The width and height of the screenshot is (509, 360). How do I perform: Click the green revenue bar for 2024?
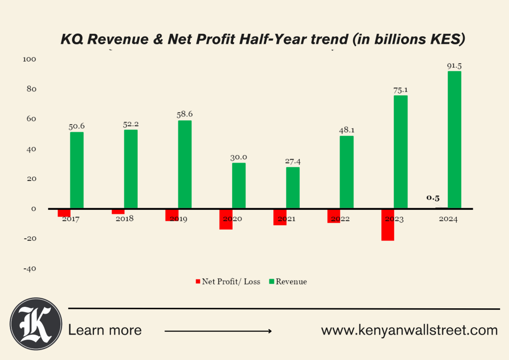[x=454, y=140]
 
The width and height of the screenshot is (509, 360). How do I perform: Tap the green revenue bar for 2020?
[x=239, y=185]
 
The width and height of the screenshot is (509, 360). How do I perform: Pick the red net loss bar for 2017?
[x=64, y=213]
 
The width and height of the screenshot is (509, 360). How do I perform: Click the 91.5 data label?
[x=454, y=66]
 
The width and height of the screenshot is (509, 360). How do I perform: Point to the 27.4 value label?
[x=293, y=162]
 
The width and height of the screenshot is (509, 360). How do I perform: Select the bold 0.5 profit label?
[x=433, y=197]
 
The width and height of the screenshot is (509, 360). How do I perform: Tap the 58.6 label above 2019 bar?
[x=184, y=114]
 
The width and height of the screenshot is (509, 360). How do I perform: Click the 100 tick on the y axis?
[x=29, y=59]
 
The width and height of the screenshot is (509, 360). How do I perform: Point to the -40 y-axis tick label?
[x=29, y=269]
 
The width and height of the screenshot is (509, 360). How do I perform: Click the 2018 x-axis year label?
[x=124, y=219]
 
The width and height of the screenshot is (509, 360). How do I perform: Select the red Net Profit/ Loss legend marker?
[x=198, y=281]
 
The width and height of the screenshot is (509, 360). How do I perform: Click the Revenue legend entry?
[x=291, y=281]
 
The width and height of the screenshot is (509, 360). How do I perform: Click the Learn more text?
[x=105, y=330]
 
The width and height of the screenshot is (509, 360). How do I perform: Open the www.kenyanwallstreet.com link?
[x=409, y=330]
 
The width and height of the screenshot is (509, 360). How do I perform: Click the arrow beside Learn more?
[x=218, y=331]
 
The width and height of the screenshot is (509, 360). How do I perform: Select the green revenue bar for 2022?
[x=346, y=172]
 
